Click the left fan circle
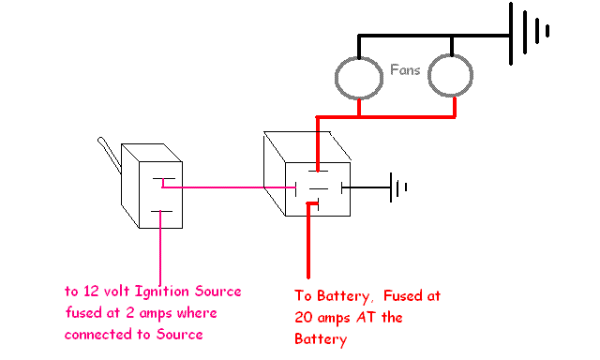pos(359,78)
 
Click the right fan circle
pos(453,78)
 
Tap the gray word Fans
pos(405,69)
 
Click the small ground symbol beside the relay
pos(399,187)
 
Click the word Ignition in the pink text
pos(166,291)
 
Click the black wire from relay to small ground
pos(367,187)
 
